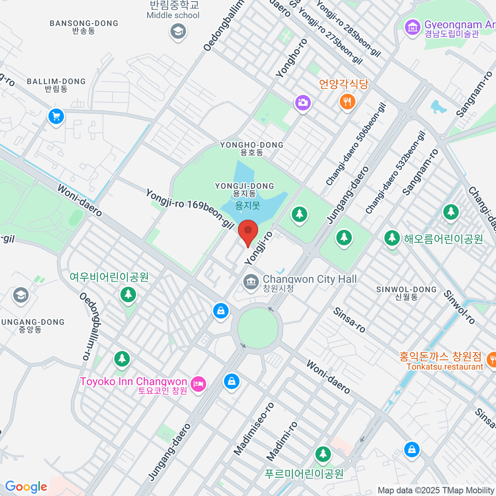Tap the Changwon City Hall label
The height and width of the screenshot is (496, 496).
(310, 279)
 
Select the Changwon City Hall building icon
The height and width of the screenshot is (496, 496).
(250, 282)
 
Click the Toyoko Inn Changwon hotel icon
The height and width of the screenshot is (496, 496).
(198, 384)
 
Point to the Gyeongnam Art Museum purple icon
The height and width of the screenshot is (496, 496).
(413, 28)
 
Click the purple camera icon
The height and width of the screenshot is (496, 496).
(303, 103)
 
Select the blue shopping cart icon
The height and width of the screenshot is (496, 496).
(56, 116)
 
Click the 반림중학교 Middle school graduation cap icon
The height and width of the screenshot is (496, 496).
(178, 31)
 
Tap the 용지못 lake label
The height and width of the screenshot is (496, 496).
(247, 205)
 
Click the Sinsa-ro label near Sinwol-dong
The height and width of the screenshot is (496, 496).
(349, 320)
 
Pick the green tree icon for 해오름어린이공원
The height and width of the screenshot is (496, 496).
(391, 238)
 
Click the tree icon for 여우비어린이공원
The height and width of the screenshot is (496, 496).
(128, 295)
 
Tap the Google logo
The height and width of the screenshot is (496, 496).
(26, 487)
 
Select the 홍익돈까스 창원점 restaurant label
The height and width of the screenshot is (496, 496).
(441, 356)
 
